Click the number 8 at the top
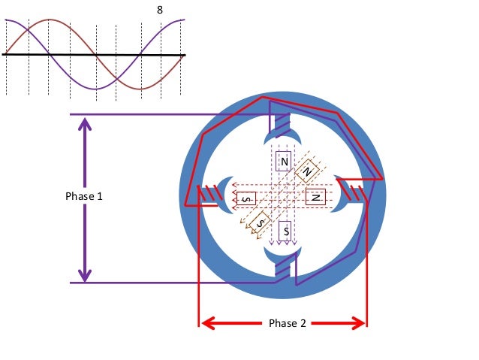(x=158, y=11)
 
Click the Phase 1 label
(x=85, y=196)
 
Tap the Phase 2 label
(x=287, y=324)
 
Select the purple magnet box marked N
(x=285, y=161)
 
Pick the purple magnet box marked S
(x=285, y=231)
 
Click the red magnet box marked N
(x=315, y=197)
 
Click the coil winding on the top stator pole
(x=281, y=122)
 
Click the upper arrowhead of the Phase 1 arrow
(x=85, y=123)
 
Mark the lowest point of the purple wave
(x=95, y=89)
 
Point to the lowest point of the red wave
(x=140, y=89)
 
